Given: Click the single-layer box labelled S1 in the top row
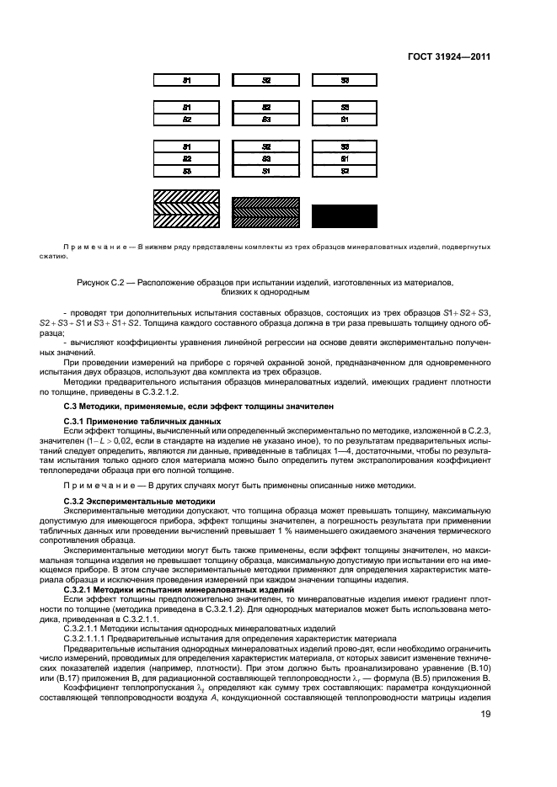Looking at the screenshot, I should pyautogui.click(x=187, y=80).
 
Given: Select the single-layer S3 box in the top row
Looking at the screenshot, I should pyautogui.click(x=345, y=80).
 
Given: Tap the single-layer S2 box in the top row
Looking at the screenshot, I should pyautogui.click(x=266, y=80).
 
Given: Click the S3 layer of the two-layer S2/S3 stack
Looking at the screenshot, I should pyautogui.click(x=266, y=120).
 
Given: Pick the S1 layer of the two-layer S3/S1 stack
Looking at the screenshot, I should pyautogui.click(x=345, y=120).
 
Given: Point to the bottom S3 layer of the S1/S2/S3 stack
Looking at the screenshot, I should pyautogui.click(x=187, y=170).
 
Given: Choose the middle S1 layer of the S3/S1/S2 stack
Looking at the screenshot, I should pyautogui.click(x=345, y=158).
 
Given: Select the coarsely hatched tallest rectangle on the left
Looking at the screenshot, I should pyautogui.click(x=187, y=210).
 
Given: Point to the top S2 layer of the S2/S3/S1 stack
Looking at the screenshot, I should pyautogui.click(x=266, y=146).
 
